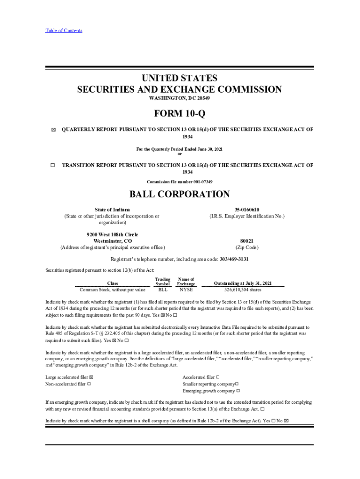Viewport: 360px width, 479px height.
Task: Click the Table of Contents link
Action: click(64, 31)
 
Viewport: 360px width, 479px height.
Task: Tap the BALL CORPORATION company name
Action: click(180, 194)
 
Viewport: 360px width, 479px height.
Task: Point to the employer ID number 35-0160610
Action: click(246, 210)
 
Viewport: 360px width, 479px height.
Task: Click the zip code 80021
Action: click(246, 241)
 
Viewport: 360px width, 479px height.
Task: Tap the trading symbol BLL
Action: click(163, 290)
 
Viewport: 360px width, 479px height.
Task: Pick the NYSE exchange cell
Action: click(186, 290)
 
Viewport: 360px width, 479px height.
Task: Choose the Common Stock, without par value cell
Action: click(112, 290)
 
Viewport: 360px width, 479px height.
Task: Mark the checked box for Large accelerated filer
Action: click(91, 377)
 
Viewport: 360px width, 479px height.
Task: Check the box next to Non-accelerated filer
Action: click(89, 384)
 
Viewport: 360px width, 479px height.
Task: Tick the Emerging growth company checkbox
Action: click(238, 391)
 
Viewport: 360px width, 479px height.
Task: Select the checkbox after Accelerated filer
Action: click(218, 377)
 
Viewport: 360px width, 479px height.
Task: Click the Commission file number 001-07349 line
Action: click(180, 181)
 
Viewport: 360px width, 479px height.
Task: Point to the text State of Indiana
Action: click(112, 210)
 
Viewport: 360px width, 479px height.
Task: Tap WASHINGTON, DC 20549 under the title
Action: click(180, 99)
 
